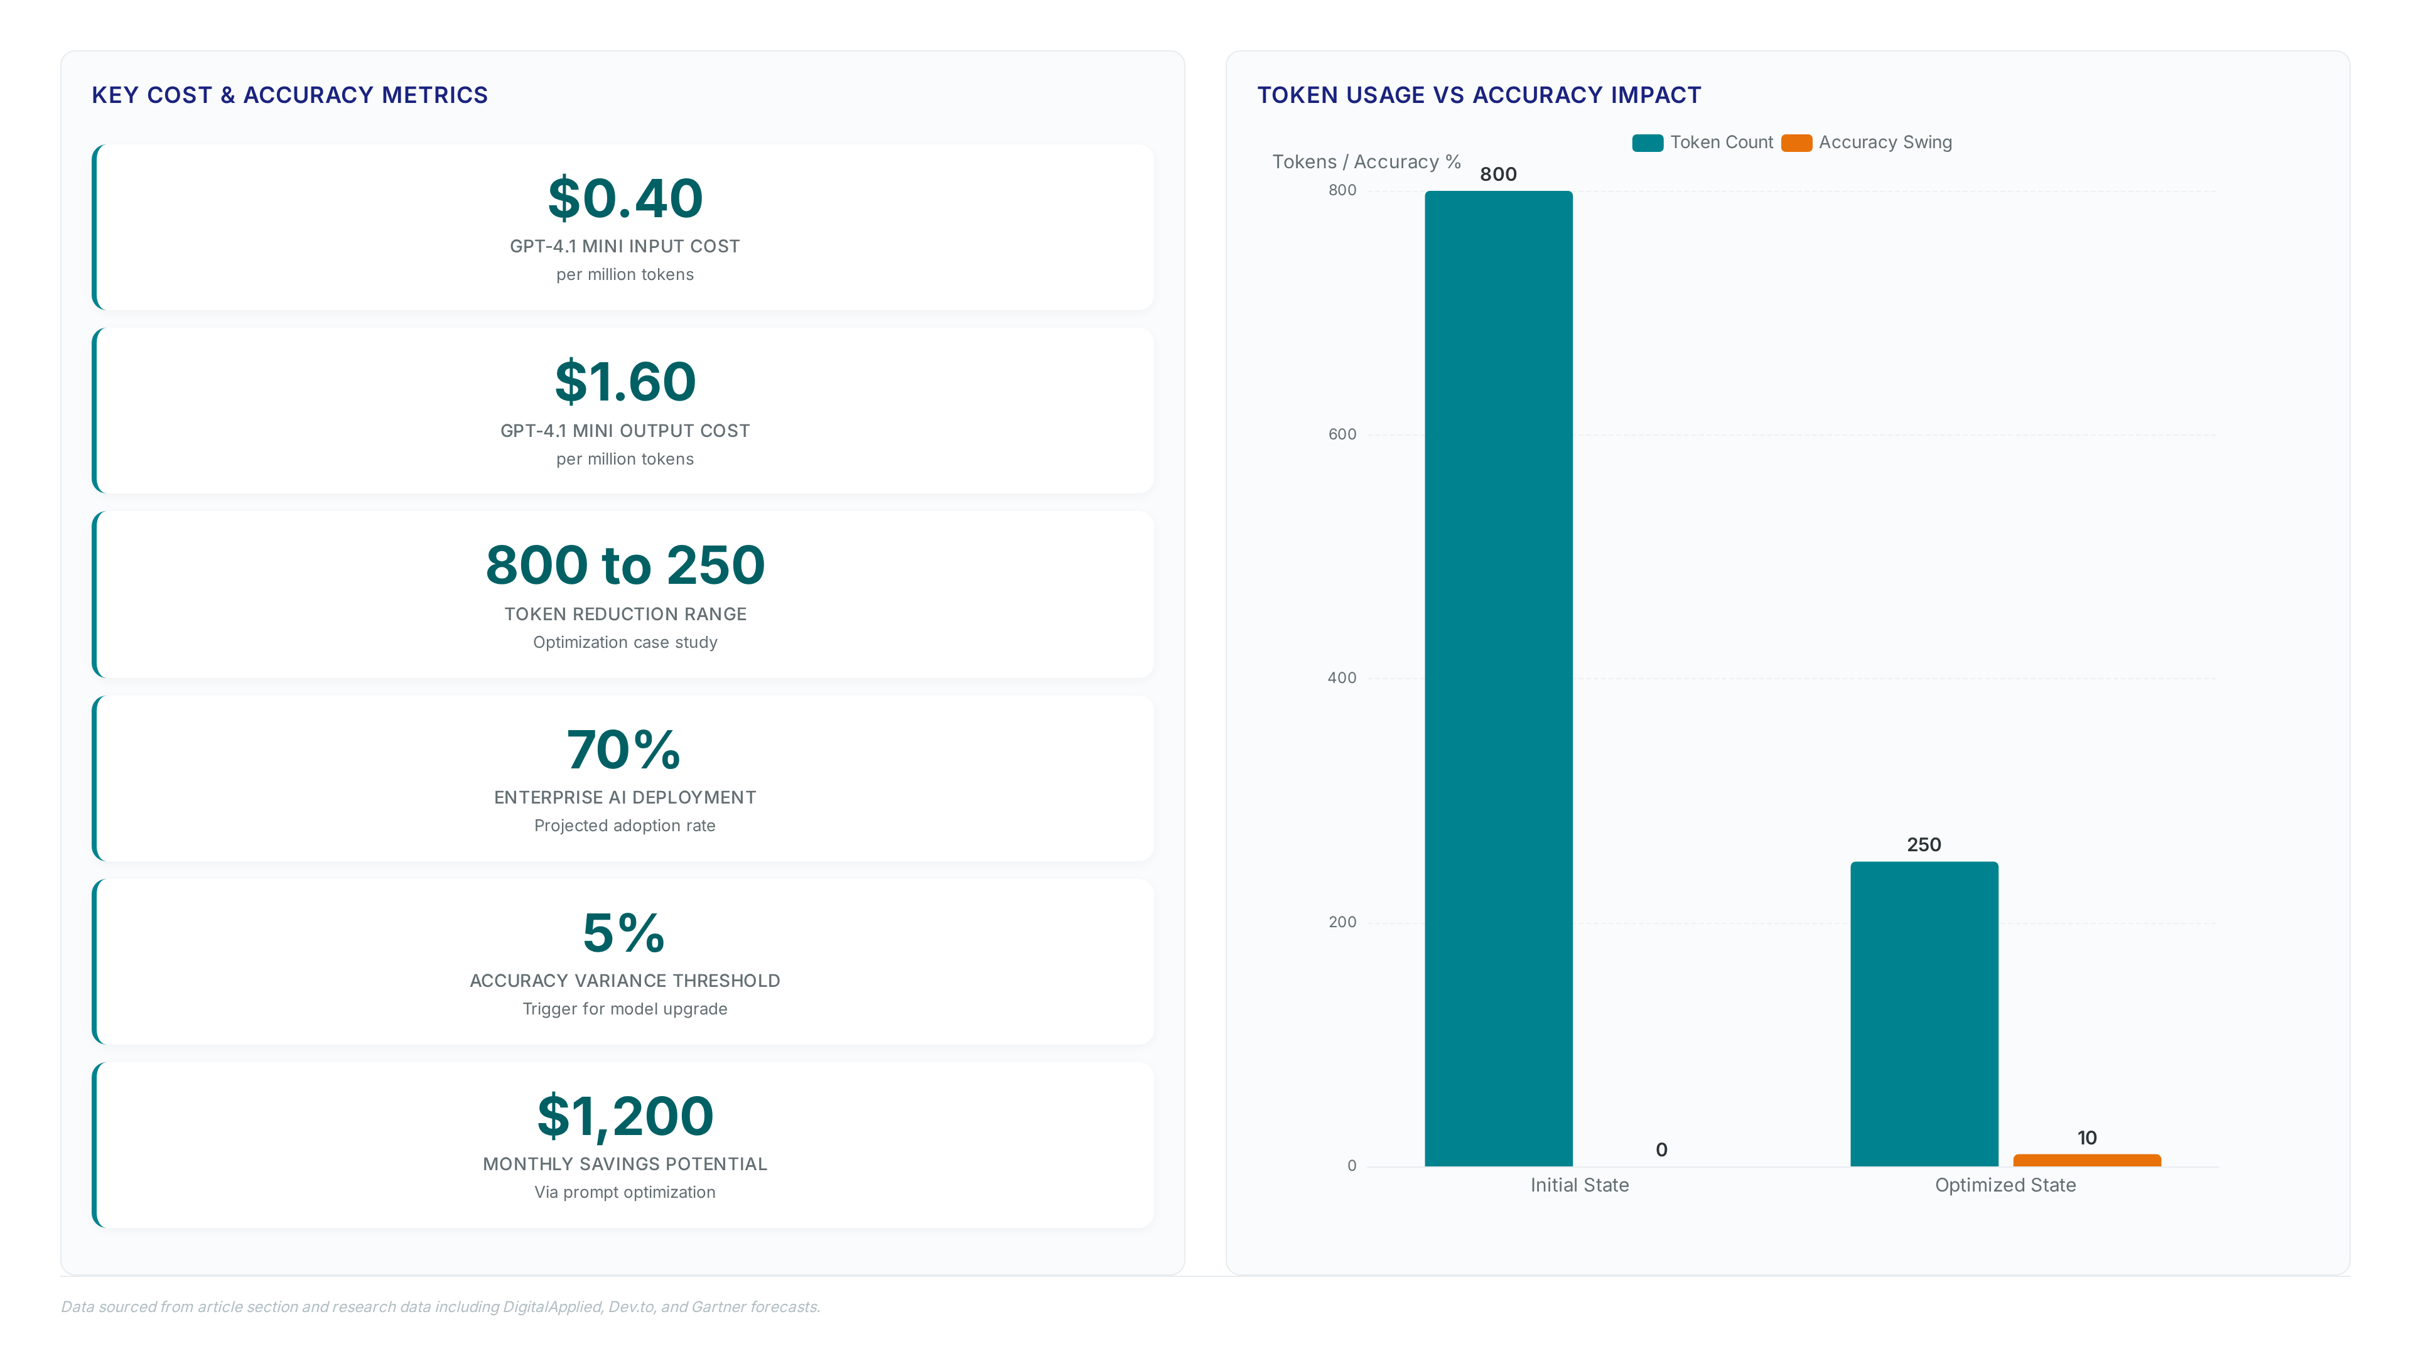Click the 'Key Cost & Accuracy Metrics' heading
pyautogui.click(x=290, y=95)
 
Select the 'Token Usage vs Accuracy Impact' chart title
pyautogui.click(x=1479, y=95)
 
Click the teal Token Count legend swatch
pyautogui.click(x=1648, y=143)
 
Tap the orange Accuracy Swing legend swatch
pyautogui.click(x=1796, y=143)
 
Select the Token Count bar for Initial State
pyautogui.click(x=1499, y=679)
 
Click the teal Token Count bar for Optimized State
pyautogui.click(x=1924, y=1013)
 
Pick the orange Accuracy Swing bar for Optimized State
pyautogui.click(x=2087, y=1160)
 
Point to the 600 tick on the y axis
pyautogui.click(x=1342, y=434)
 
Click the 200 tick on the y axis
pyautogui.click(x=1342, y=922)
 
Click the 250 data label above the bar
pyautogui.click(x=1924, y=845)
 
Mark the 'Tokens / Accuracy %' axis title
pyautogui.click(x=1366, y=162)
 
